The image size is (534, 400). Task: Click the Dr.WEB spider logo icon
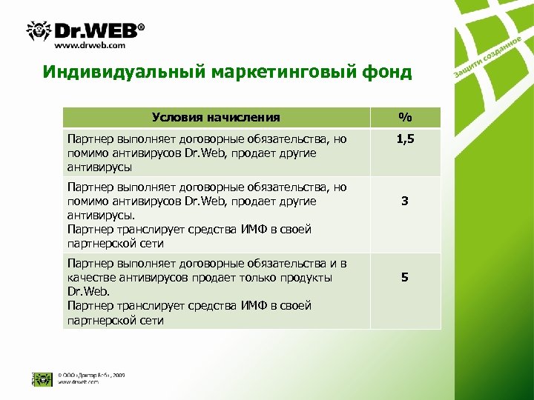tap(38, 30)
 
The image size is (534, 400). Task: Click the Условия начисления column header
tap(216, 117)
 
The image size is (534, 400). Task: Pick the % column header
tap(404, 117)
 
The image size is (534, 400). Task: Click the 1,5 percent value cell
tap(404, 139)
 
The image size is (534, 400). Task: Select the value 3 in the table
tap(404, 201)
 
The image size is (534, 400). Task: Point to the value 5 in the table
tap(404, 277)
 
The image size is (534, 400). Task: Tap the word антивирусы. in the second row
tap(97, 215)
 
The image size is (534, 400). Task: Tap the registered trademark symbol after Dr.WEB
tap(142, 24)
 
